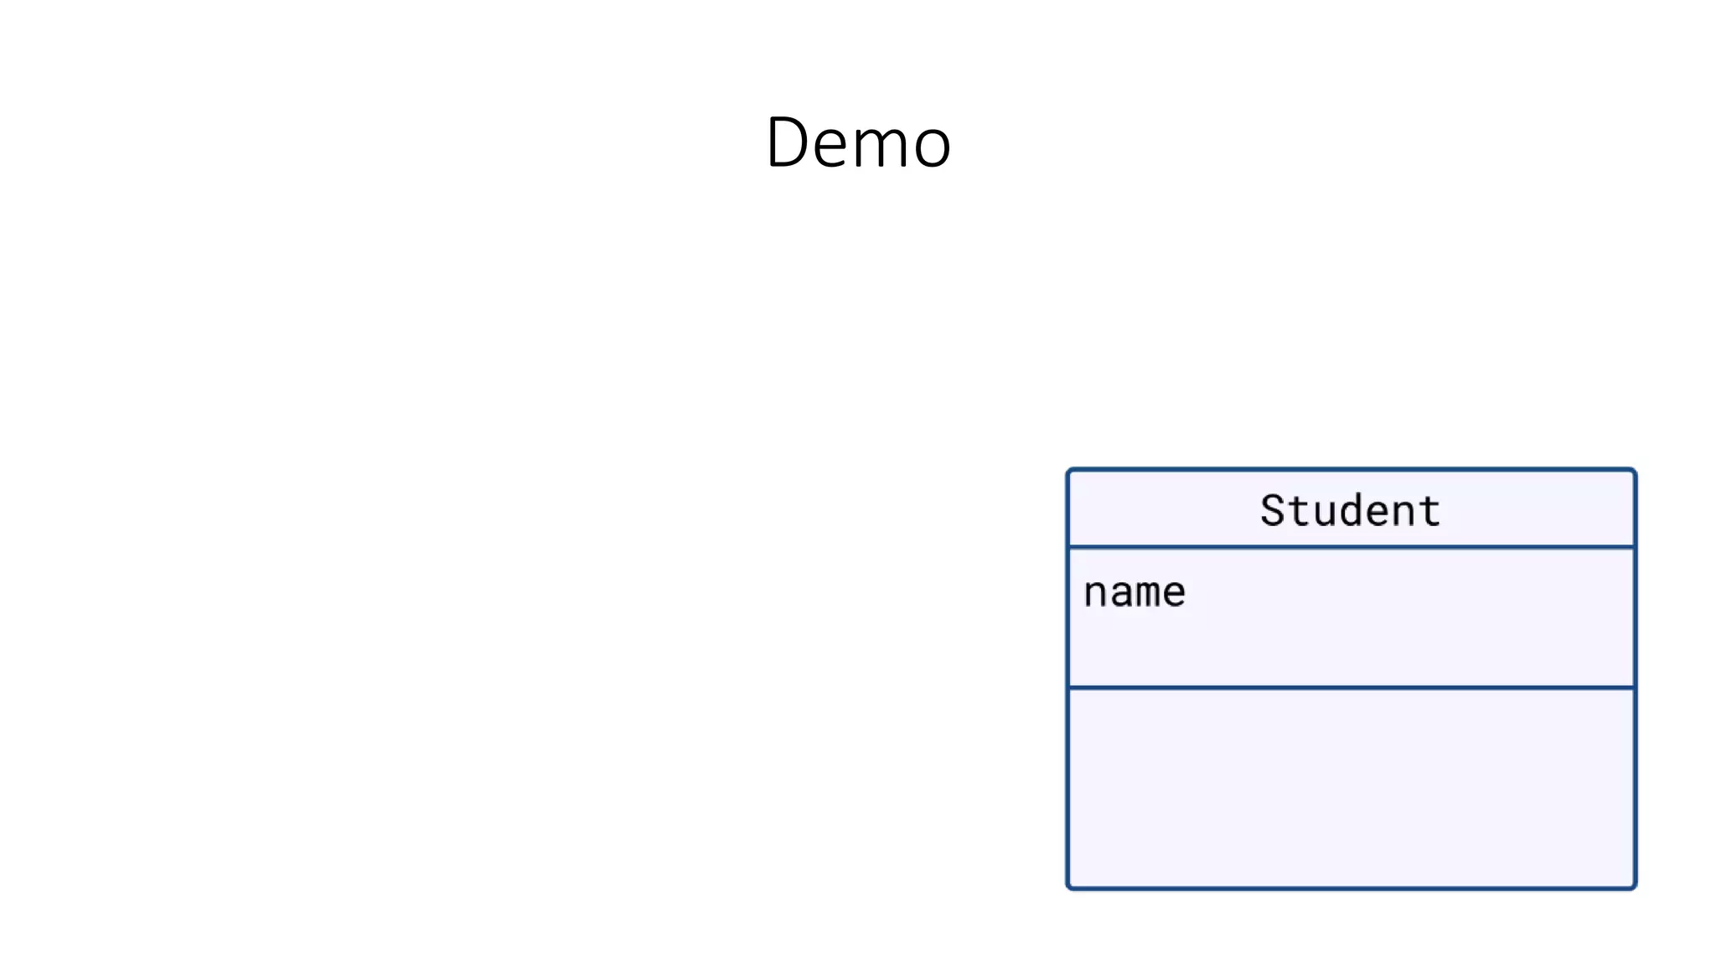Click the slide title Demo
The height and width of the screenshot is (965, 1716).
(858, 142)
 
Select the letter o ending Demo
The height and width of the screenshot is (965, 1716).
(932, 147)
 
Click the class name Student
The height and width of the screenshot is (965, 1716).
(1350, 510)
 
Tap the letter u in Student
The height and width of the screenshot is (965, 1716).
(1325, 513)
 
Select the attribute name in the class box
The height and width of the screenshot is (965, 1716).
(1135, 592)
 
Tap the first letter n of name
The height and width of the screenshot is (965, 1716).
(1095, 594)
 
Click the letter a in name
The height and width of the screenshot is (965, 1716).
(1121, 594)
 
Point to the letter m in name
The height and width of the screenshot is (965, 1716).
(1148, 594)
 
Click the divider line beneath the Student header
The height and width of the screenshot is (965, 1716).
(1351, 548)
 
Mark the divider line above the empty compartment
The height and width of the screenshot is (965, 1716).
(1351, 688)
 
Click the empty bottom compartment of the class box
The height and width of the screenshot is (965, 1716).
(1351, 787)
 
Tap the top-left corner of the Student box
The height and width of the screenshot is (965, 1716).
(1068, 471)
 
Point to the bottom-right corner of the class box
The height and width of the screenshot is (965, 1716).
(1634, 886)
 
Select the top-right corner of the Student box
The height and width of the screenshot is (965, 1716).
(1634, 471)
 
